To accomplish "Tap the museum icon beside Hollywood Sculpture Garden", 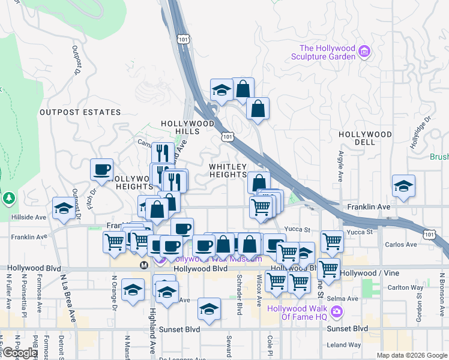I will pyautogui.click(x=364, y=53).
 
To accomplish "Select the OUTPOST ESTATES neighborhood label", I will pyautogui.click(x=80, y=112).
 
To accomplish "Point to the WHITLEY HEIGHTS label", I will pyautogui.click(x=228, y=170).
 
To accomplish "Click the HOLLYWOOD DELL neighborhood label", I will pyautogui.click(x=365, y=139).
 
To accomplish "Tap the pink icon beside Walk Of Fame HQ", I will pyautogui.click(x=336, y=311).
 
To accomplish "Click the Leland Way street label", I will pyautogui.click(x=344, y=345).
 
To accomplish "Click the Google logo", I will pyautogui.click(x=20, y=353).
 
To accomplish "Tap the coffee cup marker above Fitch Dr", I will pyautogui.click(x=101, y=169).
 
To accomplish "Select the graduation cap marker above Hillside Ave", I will pyautogui.click(x=64, y=208).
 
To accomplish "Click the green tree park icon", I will pyautogui.click(x=8, y=197).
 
